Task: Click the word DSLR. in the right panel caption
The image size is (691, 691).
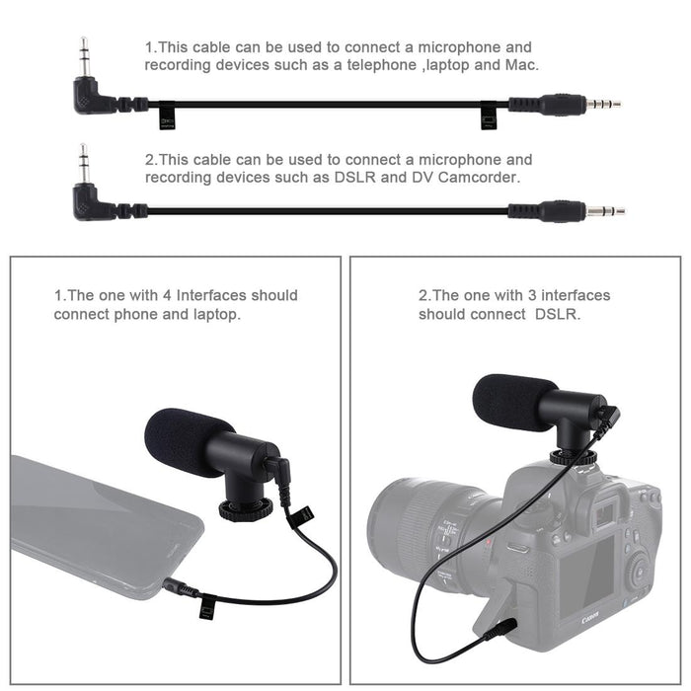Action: (559, 314)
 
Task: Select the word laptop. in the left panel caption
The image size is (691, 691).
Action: (215, 314)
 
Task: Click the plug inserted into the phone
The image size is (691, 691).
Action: (178, 588)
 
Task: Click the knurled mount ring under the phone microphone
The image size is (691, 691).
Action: (244, 510)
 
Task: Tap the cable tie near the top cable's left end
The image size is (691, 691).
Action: (167, 117)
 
